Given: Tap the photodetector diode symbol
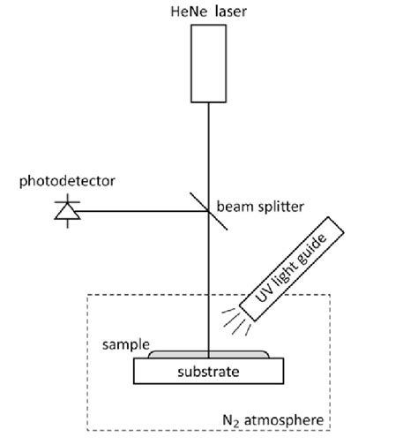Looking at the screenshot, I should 64,211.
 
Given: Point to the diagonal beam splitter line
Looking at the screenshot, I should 208,211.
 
